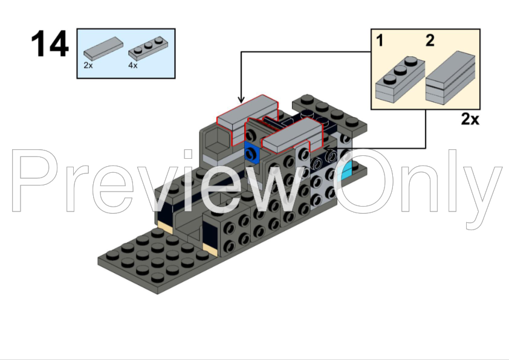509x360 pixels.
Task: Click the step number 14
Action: click(50, 44)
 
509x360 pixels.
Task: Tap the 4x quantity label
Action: click(133, 65)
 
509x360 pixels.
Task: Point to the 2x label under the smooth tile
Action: click(88, 65)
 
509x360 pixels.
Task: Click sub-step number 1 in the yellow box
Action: click(380, 41)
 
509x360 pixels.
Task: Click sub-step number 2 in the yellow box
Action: click(429, 41)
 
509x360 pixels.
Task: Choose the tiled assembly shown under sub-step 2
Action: click(450, 79)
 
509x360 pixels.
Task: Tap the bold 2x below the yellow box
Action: click(470, 119)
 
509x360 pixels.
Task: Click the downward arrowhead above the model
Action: click(241, 100)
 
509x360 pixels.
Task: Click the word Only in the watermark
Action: click(417, 181)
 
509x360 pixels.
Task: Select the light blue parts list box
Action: click(126, 53)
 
